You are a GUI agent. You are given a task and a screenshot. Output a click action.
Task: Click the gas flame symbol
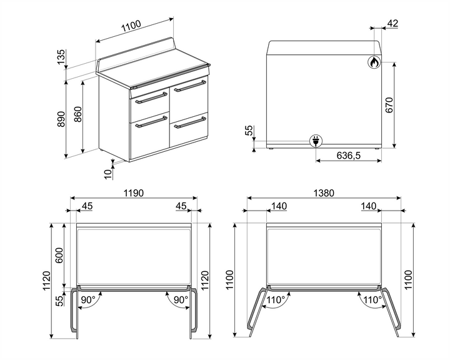373,62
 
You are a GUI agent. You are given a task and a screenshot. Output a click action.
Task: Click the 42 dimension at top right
392,23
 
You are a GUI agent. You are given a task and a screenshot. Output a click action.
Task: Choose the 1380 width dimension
323,193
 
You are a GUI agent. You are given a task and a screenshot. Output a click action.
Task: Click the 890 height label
61,119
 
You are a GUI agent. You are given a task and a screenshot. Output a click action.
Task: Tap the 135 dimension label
61,57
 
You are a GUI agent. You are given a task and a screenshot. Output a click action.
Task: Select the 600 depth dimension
60,256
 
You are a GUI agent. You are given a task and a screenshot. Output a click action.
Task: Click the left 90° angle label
88,300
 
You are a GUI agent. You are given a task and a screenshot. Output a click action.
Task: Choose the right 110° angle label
372,300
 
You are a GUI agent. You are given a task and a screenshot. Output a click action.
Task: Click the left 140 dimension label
279,206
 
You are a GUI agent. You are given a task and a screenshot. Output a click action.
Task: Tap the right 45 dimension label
181,206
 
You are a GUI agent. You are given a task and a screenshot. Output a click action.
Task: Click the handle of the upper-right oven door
190,87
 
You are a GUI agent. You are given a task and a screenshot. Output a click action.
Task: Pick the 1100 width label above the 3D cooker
131,26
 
